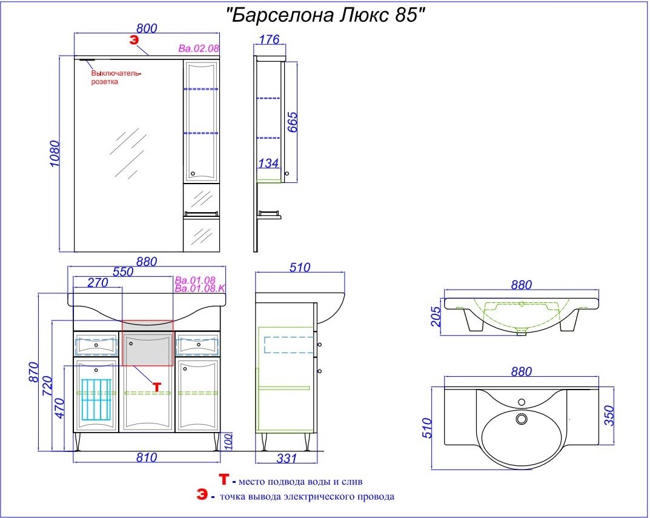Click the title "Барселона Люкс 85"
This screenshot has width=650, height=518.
(x=326, y=16)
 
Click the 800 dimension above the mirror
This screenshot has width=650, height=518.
(x=147, y=28)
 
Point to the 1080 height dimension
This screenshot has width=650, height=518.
(x=55, y=154)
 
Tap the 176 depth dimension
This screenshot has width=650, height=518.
(x=270, y=39)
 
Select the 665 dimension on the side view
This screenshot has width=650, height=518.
(x=292, y=122)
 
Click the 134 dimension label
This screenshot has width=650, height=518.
(x=268, y=163)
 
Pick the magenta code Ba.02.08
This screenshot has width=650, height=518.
(x=199, y=48)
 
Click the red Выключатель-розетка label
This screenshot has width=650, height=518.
(x=116, y=78)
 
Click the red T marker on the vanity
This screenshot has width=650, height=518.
(x=157, y=387)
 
